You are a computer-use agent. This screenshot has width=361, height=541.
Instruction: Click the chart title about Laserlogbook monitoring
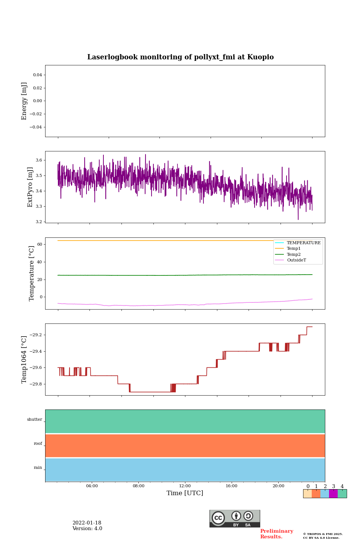click(x=180, y=57)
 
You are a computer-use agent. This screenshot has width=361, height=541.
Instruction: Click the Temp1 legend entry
click(x=294, y=249)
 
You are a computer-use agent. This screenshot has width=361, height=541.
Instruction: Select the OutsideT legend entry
click(x=296, y=260)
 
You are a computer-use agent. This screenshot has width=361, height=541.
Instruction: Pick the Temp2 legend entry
click(x=294, y=254)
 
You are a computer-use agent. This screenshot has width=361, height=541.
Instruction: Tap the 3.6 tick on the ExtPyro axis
click(x=39, y=160)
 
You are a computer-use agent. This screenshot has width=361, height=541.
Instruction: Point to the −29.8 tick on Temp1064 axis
click(x=35, y=384)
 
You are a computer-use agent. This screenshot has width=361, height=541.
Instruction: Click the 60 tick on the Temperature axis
click(x=39, y=244)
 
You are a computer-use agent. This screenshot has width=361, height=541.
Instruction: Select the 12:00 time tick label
click(x=185, y=486)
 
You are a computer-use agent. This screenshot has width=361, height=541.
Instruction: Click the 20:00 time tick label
click(x=278, y=486)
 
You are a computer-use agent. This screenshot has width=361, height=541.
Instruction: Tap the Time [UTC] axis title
click(x=185, y=493)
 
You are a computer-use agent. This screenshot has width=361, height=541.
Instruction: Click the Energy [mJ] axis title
click(x=24, y=101)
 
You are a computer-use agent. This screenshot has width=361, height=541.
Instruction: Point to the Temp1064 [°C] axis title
click(x=24, y=360)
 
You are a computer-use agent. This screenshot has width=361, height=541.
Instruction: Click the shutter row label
click(x=35, y=420)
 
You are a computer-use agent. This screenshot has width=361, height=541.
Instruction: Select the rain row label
click(x=38, y=468)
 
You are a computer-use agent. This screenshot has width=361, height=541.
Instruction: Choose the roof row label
click(x=38, y=444)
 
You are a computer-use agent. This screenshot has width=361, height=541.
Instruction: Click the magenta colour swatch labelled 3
click(x=333, y=494)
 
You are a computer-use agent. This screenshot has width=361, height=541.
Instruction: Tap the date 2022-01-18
click(x=87, y=523)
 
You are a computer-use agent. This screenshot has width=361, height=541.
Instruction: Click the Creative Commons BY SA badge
click(x=235, y=518)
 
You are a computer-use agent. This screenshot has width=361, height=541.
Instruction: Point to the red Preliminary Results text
click(x=276, y=534)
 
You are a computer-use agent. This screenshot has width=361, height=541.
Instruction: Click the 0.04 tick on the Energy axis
click(x=37, y=75)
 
